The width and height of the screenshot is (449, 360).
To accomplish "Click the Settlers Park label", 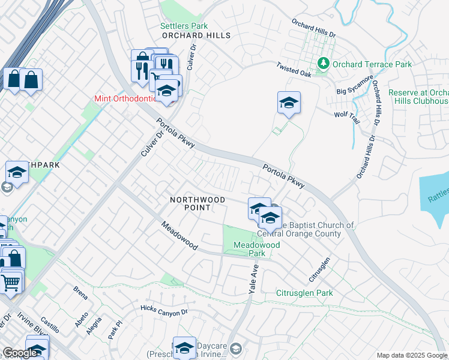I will (x=184, y=26).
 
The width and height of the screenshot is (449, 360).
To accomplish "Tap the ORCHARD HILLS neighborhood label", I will (x=196, y=36).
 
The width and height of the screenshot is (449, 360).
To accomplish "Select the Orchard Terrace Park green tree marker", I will (x=323, y=63).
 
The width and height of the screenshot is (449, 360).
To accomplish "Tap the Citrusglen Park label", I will (x=304, y=293).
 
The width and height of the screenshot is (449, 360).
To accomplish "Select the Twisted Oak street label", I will (x=294, y=70).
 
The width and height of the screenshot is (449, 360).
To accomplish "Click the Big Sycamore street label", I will (x=355, y=85).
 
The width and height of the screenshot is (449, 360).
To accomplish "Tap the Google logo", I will (x=19, y=353).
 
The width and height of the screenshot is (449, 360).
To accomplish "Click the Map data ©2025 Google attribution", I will (x=412, y=355).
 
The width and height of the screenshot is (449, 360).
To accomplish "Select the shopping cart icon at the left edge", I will (x=11, y=281).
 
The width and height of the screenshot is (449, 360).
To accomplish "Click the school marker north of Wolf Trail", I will (x=289, y=103).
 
